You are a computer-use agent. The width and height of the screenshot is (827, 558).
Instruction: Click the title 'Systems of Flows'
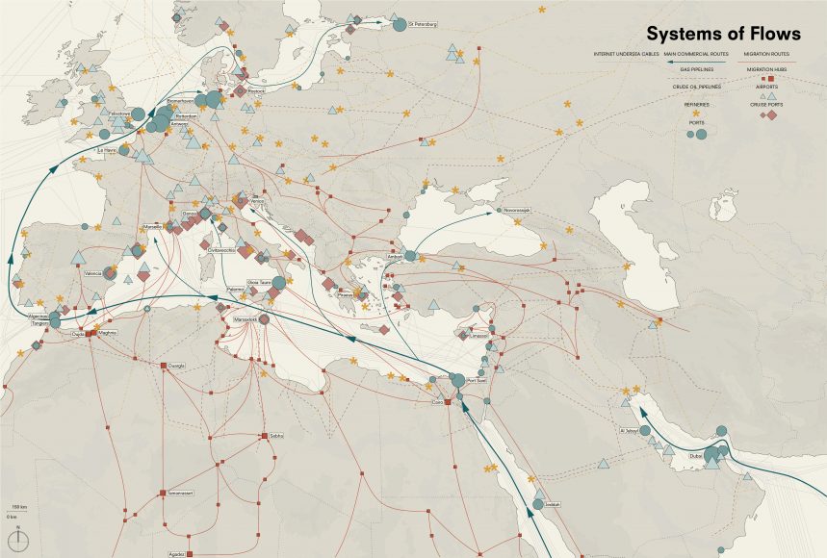click(722, 34)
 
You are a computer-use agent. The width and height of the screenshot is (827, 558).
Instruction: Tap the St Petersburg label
click(422, 24)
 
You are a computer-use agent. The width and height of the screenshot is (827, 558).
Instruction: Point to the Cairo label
click(438, 402)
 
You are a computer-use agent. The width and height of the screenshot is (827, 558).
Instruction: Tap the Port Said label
click(476, 382)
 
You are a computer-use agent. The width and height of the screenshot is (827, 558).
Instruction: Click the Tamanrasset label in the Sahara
click(181, 492)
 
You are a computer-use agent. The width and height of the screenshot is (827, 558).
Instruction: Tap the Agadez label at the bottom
click(175, 554)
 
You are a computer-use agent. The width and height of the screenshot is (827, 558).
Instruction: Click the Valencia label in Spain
click(93, 274)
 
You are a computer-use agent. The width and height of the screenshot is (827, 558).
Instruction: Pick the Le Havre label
click(107, 150)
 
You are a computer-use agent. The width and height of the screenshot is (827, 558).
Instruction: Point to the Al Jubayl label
click(629, 431)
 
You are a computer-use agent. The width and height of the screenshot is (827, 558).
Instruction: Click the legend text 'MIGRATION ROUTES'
click(766, 54)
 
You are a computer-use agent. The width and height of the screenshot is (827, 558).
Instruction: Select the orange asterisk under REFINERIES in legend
click(696, 114)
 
